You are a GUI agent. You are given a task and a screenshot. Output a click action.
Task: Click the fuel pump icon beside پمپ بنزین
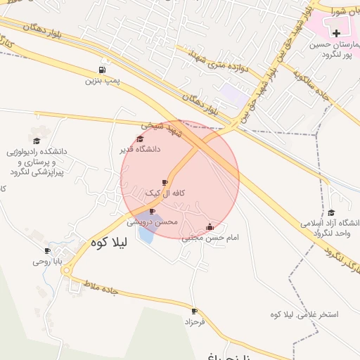[103, 70]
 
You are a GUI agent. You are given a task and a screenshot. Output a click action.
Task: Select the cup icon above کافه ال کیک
[165, 183]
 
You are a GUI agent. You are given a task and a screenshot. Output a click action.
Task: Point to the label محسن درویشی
[152, 221]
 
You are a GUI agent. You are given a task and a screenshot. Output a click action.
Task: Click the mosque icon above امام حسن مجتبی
[209, 226]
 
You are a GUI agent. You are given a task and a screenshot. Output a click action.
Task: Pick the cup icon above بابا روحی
[48, 251]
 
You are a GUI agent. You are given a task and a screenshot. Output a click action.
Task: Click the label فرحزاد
[193, 321]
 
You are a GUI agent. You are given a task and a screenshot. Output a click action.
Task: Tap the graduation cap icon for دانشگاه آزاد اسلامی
[331, 213]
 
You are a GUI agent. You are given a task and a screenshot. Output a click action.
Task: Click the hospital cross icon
[336, 33]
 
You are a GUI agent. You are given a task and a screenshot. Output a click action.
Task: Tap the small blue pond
[146, 232]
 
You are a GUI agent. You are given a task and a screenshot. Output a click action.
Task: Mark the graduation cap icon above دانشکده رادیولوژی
[37, 140]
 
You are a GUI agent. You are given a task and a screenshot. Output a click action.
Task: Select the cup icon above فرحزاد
[194, 311]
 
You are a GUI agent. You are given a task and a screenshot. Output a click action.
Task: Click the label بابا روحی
[48, 262]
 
